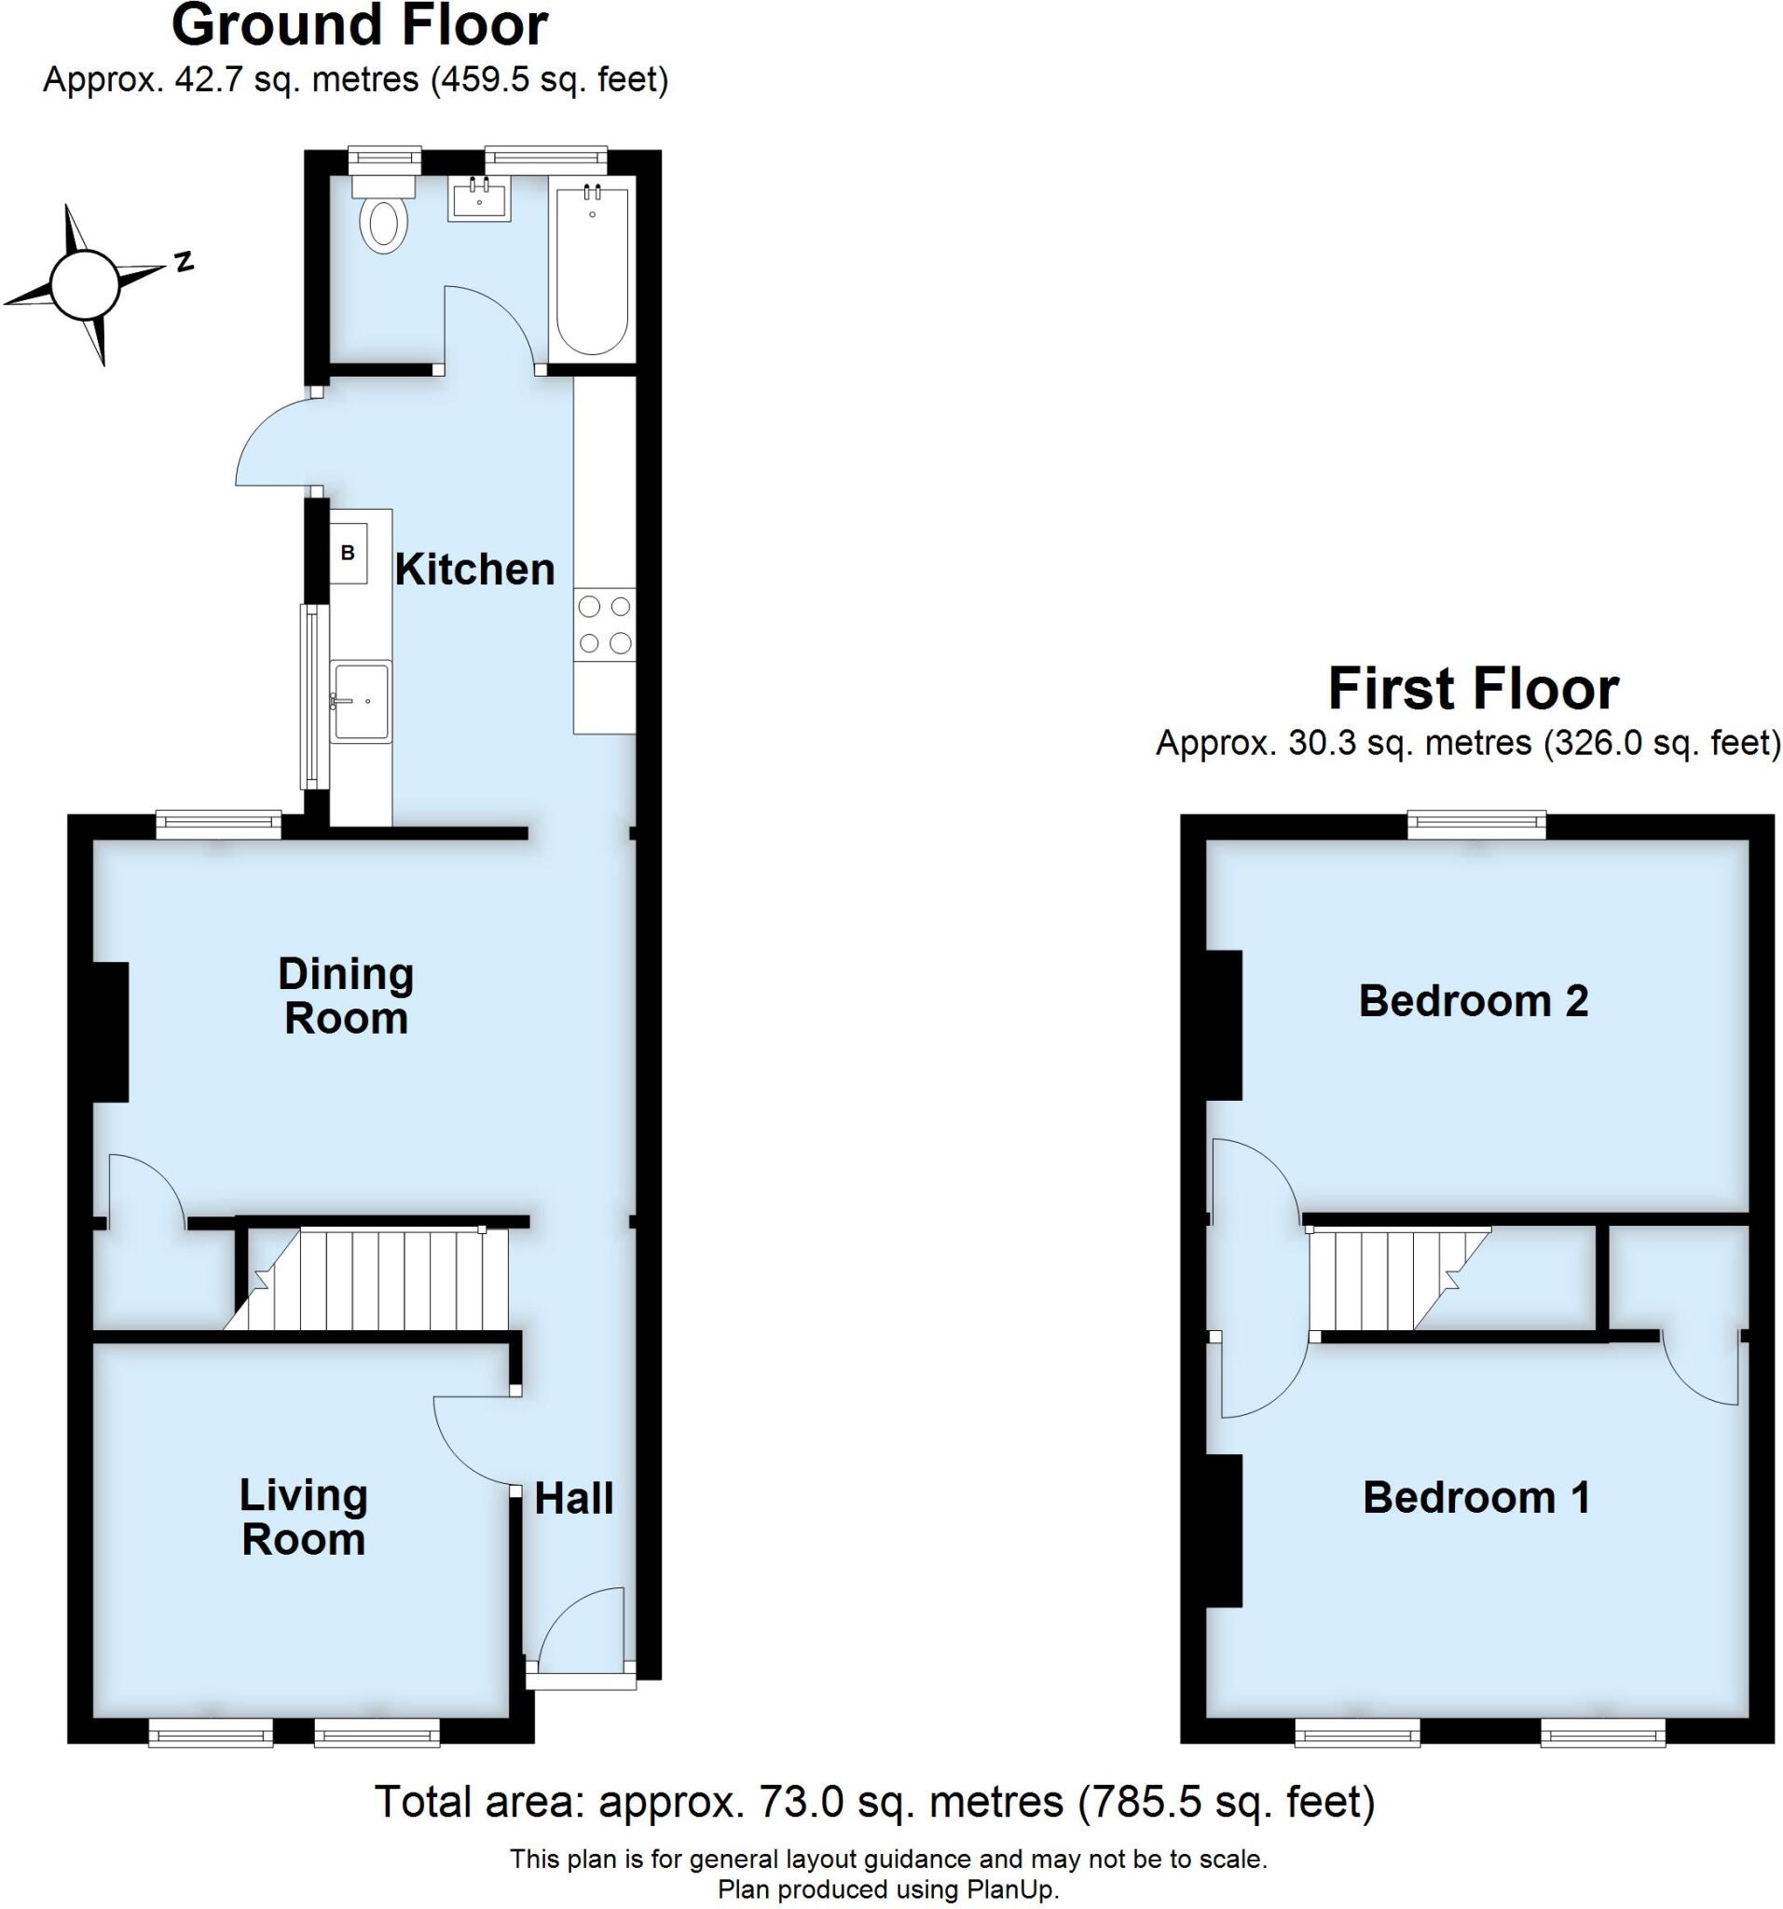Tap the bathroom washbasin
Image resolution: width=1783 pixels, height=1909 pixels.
click(478, 199)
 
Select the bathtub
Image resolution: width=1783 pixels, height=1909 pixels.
click(593, 274)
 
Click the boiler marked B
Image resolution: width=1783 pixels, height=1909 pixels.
click(348, 554)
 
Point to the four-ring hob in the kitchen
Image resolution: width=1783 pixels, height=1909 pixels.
click(605, 625)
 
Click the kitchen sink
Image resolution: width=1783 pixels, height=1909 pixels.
click(360, 702)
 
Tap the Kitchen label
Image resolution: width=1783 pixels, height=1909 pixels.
click(474, 570)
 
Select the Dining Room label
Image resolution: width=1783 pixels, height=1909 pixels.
click(346, 996)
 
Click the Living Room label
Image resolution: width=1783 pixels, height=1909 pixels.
click(304, 1518)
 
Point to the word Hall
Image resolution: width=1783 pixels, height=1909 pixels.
click(573, 1498)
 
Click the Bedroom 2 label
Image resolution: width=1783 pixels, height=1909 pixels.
click(1473, 1001)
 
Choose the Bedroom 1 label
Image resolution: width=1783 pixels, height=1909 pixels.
click(1475, 1497)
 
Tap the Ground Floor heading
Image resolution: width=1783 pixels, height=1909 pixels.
click(359, 26)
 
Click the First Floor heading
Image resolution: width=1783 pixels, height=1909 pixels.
click(1473, 689)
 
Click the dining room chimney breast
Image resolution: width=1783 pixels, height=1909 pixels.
click(110, 1031)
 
